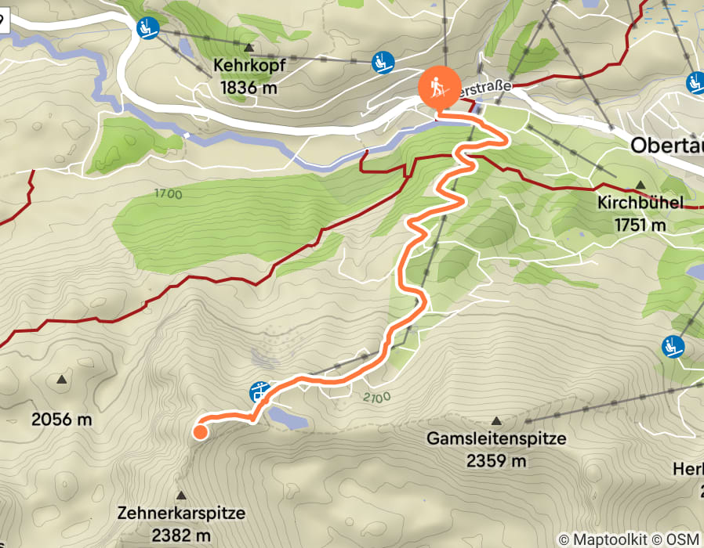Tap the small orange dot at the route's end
(200, 431)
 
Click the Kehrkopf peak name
(249, 67)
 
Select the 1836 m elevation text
(249, 88)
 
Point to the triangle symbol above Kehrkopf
(249, 47)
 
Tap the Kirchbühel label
(640, 204)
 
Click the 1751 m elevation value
(640, 225)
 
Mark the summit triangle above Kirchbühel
(640, 185)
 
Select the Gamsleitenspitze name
(496, 439)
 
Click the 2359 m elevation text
(496, 461)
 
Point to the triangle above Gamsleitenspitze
(496, 420)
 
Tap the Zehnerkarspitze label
(181, 514)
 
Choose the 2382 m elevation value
(181, 535)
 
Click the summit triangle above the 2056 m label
(61, 380)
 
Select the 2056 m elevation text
(61, 420)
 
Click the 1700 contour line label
(168, 194)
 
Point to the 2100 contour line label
(376, 398)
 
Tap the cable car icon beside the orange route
(258, 391)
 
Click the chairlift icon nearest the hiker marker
(382, 60)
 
